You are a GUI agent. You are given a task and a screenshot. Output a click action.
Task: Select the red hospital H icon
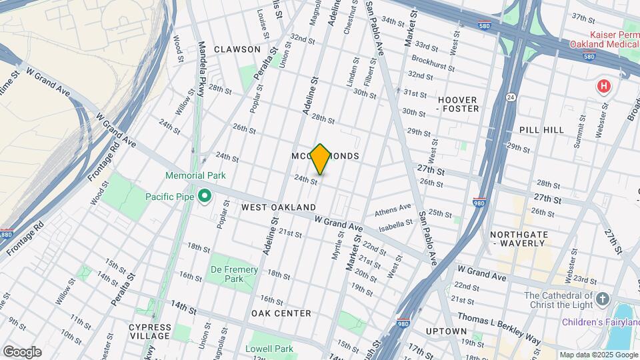pos(604,86)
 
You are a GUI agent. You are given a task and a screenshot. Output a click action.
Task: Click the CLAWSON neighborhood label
pos(237,49)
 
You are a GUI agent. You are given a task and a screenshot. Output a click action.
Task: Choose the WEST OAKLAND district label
pos(279,207)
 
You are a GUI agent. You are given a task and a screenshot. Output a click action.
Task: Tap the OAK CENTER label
pos(281,313)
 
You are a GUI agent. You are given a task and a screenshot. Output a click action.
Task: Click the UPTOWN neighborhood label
pos(446,331)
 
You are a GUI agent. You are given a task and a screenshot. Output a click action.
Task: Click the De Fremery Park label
pos(233,274)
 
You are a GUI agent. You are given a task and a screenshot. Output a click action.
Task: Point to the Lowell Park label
pos(273,349)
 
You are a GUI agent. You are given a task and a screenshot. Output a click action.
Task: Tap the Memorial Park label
pos(196,175)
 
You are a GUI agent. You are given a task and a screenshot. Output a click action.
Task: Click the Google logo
pos(22,352)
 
